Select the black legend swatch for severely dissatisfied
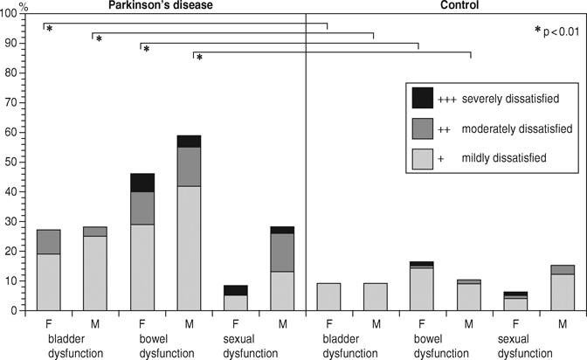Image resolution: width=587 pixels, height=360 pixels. click(423, 99)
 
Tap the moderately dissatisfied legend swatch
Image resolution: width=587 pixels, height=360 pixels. click(423, 128)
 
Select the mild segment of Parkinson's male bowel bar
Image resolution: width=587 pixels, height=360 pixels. click(189, 247)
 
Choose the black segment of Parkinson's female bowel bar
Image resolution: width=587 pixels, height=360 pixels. click(142, 183)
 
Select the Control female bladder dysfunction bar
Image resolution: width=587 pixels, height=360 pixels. click(328, 296)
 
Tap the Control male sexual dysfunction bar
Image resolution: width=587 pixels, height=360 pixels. click(563, 292)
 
